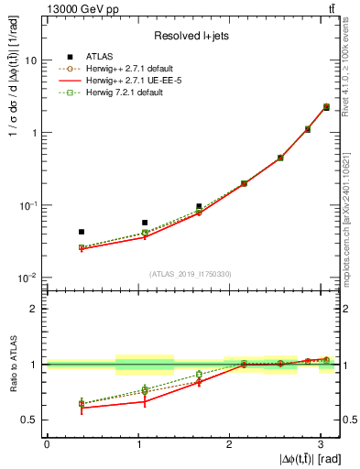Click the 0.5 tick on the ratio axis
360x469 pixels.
point(30,420)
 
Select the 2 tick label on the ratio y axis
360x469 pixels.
point(35,309)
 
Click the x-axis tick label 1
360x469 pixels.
point(138,443)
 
